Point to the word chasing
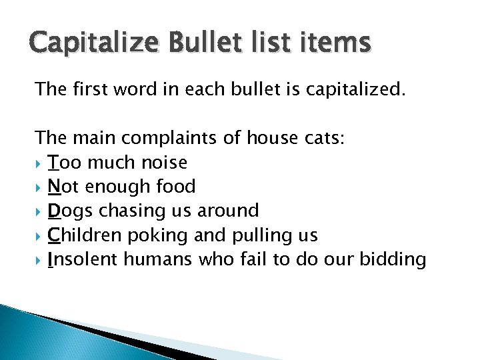point(124,211)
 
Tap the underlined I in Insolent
point(51,259)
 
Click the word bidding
point(393,259)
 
